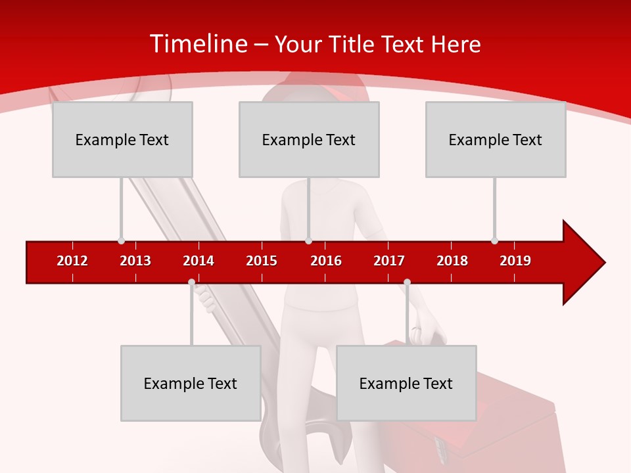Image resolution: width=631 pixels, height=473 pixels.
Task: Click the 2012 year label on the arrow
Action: point(72,261)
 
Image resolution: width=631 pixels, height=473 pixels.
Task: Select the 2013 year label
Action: point(135,261)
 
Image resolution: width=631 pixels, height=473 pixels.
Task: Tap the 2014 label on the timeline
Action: point(199,261)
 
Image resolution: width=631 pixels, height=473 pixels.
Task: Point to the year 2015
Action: point(262,261)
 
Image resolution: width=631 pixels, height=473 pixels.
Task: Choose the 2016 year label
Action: point(326,261)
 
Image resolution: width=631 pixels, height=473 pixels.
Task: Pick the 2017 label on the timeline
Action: point(389,261)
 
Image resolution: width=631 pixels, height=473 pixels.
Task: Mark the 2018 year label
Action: point(452,261)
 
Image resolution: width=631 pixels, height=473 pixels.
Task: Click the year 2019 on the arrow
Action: point(515,261)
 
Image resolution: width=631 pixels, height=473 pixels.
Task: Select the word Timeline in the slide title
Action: point(198,44)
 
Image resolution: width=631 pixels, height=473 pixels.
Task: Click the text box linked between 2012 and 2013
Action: point(122,139)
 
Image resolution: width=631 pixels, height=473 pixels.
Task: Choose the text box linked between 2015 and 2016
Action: point(309,139)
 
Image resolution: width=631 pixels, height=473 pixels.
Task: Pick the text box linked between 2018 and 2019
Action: point(496,139)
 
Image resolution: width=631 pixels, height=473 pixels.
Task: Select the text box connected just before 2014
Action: point(191,383)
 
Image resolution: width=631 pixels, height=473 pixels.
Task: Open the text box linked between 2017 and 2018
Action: point(406,383)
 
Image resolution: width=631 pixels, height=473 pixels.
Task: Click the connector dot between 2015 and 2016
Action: point(308,240)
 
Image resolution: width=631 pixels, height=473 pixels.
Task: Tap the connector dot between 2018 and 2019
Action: point(494,240)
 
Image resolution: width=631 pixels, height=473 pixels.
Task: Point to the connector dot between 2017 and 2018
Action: point(407,282)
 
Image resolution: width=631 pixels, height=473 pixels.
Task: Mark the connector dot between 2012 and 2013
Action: point(121,240)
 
